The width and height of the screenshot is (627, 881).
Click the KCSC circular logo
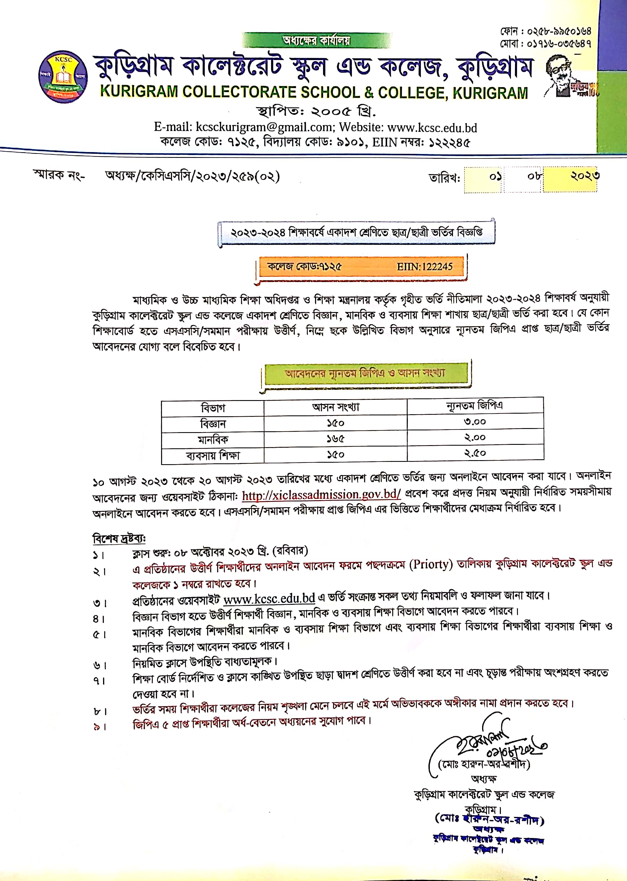click(x=63, y=77)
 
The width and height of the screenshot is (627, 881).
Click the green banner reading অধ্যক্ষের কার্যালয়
click(x=316, y=40)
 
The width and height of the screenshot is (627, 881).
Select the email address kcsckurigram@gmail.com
click(x=264, y=127)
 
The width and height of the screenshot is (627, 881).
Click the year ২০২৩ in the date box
click(x=585, y=176)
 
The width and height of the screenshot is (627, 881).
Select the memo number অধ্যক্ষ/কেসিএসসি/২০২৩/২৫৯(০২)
click(x=192, y=176)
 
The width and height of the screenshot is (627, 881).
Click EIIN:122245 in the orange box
click(x=424, y=267)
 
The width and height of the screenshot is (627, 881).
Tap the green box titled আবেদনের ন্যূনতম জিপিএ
click(x=365, y=373)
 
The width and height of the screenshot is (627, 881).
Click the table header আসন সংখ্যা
click(x=335, y=407)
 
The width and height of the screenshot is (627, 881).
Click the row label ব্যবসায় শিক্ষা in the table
click(x=213, y=456)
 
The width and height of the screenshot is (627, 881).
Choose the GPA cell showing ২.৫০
click(x=475, y=453)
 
